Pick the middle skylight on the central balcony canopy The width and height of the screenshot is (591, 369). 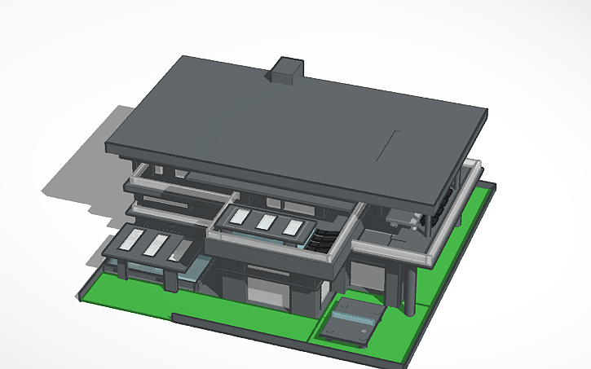266,222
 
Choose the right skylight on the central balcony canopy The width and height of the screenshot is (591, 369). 291,227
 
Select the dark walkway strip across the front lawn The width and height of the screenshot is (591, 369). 245,326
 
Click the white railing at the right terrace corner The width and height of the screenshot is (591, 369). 473,174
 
